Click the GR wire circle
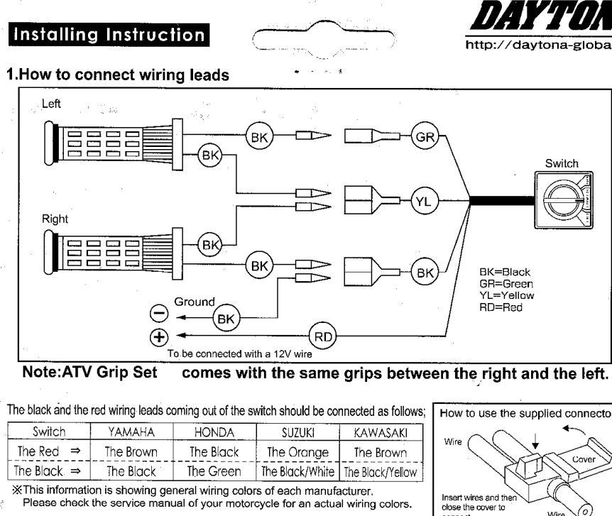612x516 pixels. (x=425, y=138)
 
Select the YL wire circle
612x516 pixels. (x=423, y=202)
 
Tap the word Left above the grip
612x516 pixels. (x=51, y=104)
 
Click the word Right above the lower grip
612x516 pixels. (x=55, y=219)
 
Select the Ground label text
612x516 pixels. (x=195, y=302)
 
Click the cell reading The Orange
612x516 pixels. (x=297, y=452)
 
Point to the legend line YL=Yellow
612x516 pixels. (x=507, y=295)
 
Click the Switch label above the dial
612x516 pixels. (x=562, y=163)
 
